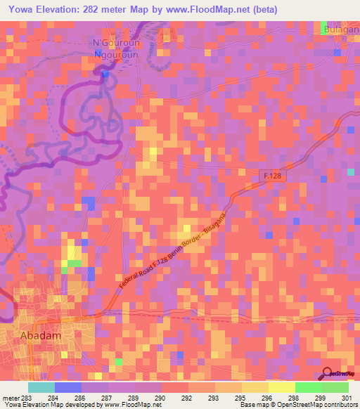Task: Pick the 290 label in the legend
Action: (x=160, y=398)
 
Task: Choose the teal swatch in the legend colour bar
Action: (x=41, y=387)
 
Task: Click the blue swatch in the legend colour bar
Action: (x=68, y=387)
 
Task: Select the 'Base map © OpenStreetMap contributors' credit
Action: (x=302, y=405)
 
